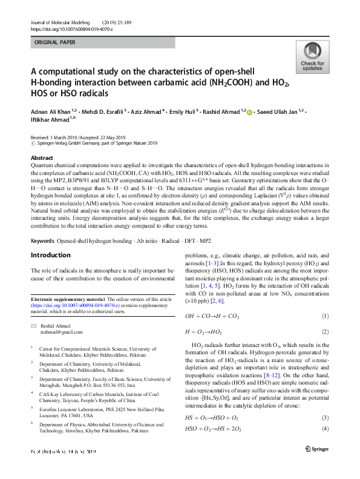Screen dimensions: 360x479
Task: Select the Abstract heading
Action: tap(42, 157)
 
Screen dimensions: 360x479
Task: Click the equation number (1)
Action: tap(325, 315)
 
